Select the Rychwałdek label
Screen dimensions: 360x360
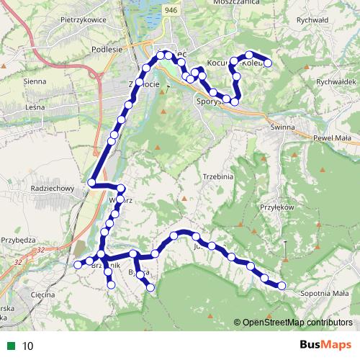[332, 82]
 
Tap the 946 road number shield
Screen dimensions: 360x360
[170, 9]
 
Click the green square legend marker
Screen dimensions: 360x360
[11, 345]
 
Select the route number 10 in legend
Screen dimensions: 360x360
[27, 345]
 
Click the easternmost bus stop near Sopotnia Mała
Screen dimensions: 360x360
[282, 286]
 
